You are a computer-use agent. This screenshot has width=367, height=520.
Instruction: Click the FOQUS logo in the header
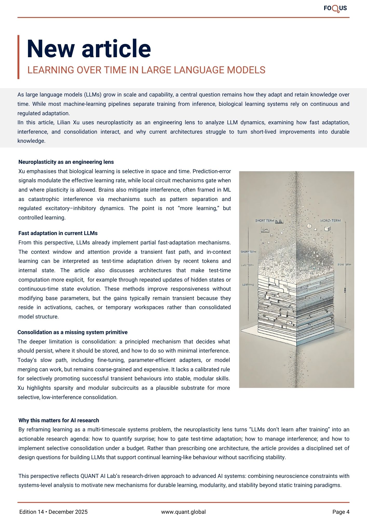(335, 8)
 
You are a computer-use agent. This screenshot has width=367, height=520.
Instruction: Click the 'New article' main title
(89, 49)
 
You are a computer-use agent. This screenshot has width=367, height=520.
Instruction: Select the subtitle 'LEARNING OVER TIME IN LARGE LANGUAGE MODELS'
(146, 70)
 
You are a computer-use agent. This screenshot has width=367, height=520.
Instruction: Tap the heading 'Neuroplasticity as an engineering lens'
(66, 162)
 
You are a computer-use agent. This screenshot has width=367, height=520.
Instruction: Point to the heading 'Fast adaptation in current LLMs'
(58, 233)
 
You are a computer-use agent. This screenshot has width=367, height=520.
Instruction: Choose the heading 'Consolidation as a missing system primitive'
(72, 332)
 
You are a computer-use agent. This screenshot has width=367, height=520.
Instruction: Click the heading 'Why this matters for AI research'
(59, 420)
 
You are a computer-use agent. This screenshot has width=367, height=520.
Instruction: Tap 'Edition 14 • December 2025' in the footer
(53, 512)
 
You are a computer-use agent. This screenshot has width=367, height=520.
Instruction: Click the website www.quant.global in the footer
(183, 512)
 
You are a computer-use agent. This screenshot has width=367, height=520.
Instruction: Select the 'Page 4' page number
(341, 512)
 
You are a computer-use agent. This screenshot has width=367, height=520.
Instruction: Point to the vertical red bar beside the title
(18, 57)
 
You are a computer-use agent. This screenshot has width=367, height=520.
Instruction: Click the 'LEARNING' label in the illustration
(248, 285)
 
